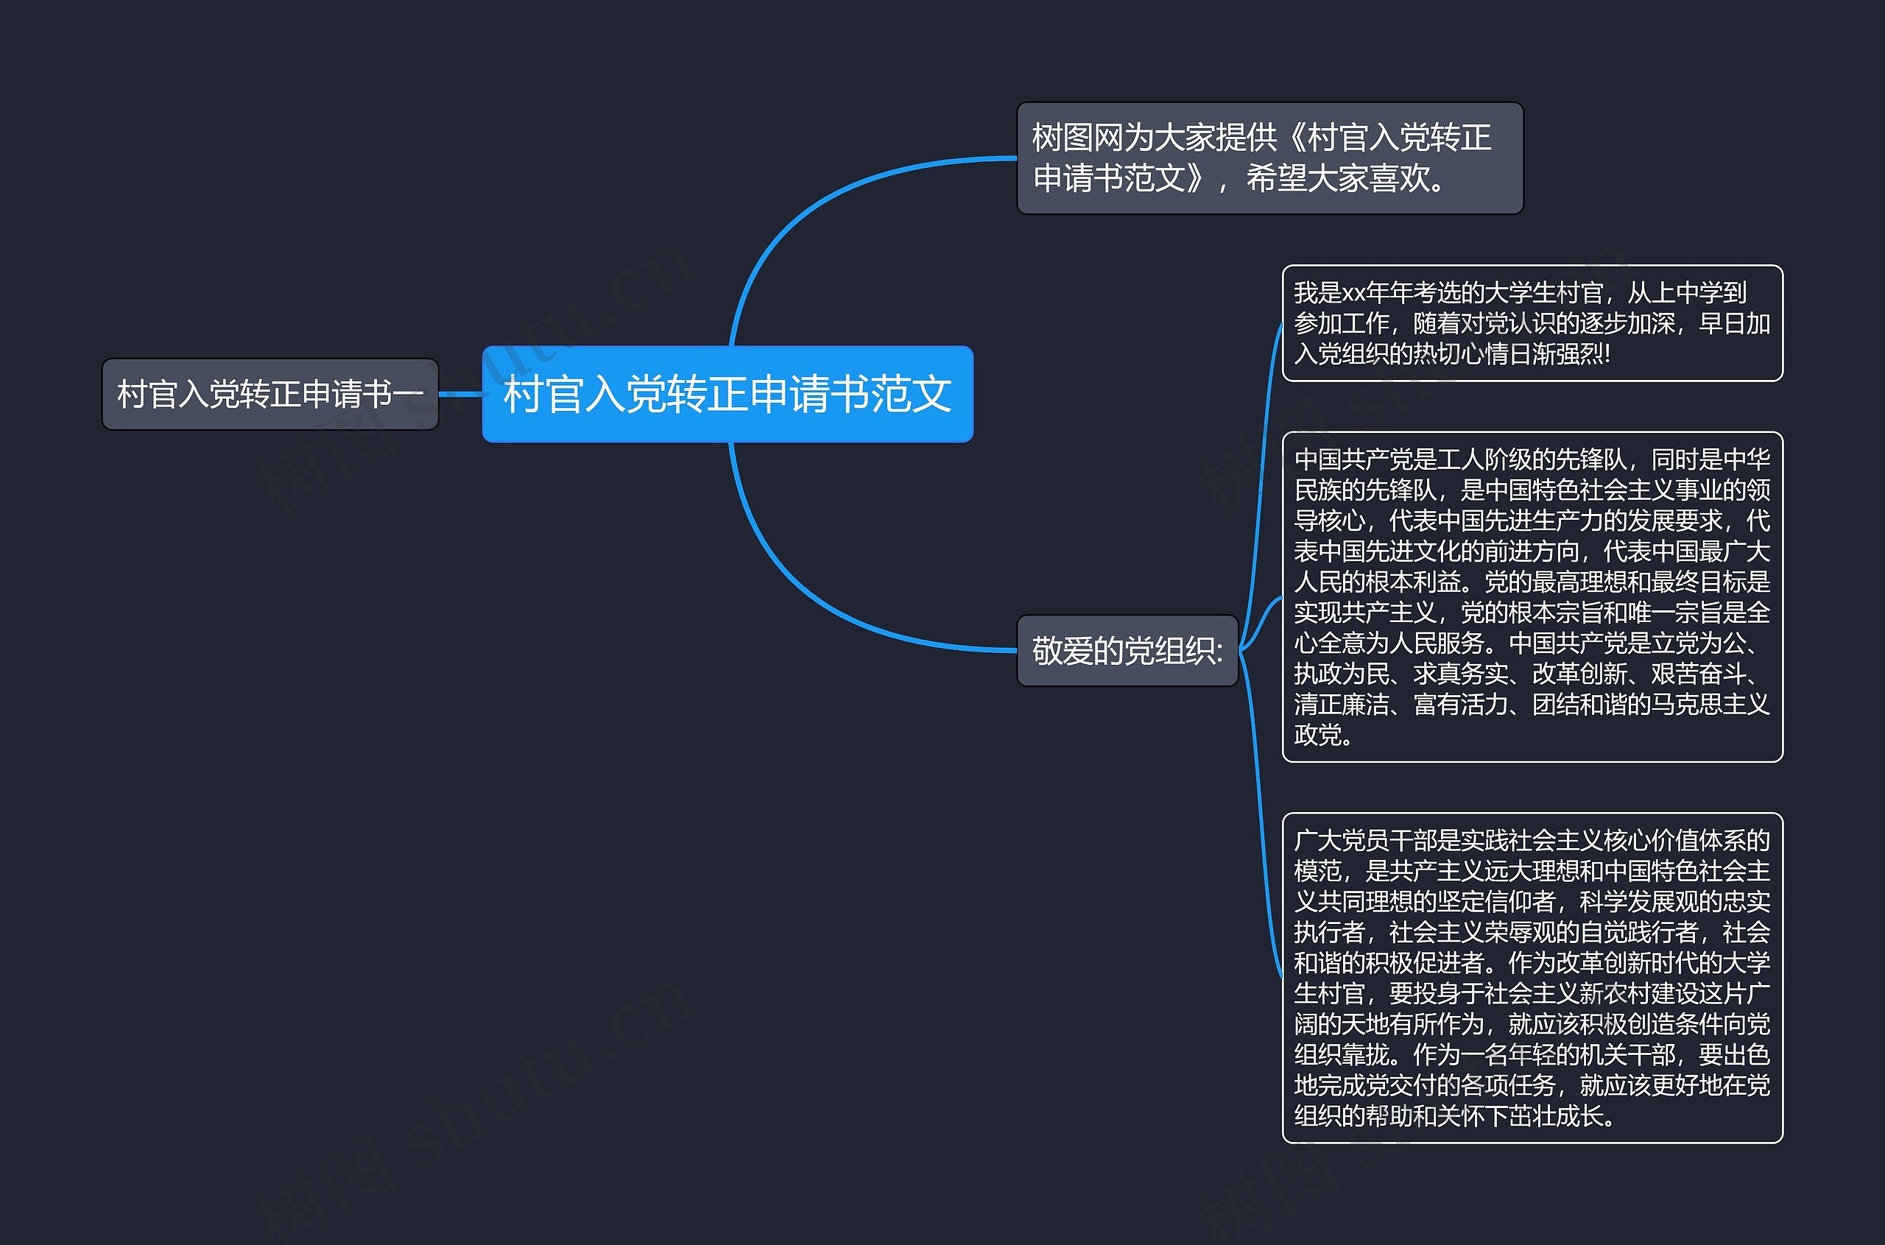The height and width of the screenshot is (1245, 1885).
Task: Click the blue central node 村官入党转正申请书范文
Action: (x=727, y=394)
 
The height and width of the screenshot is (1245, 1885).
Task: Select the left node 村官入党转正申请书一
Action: (x=270, y=394)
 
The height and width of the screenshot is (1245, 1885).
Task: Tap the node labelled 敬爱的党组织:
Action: (x=1127, y=650)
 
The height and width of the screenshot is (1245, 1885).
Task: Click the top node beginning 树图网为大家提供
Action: (x=1269, y=158)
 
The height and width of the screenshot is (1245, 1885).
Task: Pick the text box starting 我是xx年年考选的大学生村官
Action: (x=1532, y=323)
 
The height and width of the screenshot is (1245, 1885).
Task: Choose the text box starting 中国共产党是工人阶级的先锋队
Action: (x=1532, y=596)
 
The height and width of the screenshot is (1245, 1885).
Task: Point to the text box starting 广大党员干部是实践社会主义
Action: (x=1532, y=978)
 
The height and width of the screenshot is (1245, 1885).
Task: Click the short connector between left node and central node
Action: (x=460, y=394)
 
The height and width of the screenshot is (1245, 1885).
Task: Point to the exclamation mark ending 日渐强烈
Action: (x=1607, y=354)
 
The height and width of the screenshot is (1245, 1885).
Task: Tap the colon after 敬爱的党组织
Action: (x=1219, y=652)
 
